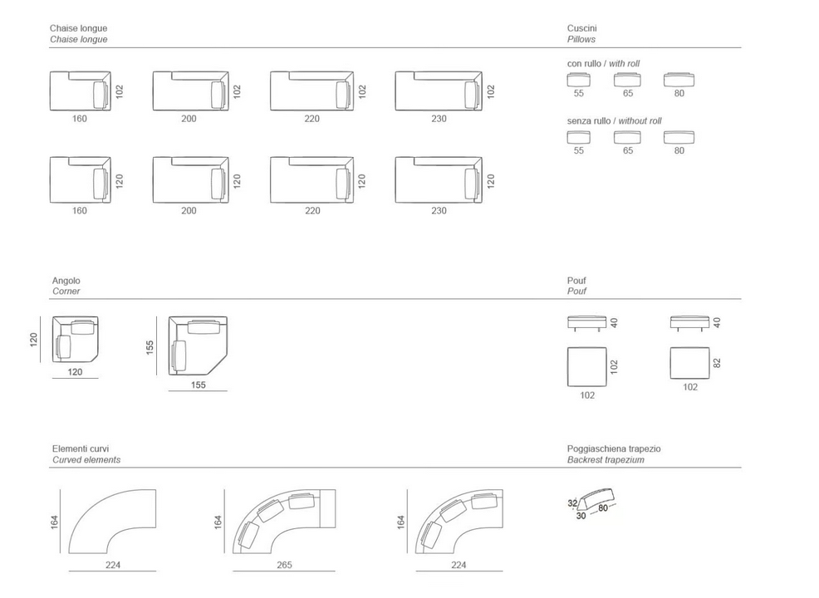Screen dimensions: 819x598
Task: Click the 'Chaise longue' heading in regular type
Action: point(78,28)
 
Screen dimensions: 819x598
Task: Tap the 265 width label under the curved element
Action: point(284,565)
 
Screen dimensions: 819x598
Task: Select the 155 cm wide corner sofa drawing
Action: point(198,346)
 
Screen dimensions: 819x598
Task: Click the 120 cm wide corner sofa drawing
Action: point(76,339)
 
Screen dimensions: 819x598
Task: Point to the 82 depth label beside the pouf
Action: point(717,363)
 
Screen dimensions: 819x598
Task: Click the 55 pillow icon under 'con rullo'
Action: point(579,80)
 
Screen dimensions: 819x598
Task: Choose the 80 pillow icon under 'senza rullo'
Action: point(679,137)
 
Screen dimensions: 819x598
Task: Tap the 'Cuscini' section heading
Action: point(582,28)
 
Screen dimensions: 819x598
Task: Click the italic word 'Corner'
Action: point(66,292)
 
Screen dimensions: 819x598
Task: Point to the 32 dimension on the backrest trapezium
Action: point(572,503)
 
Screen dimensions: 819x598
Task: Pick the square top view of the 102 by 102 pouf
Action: point(587,367)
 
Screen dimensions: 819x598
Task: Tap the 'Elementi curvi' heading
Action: point(81,448)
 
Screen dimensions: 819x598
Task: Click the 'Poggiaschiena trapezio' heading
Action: point(614,448)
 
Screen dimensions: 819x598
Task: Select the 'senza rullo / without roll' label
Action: point(615,120)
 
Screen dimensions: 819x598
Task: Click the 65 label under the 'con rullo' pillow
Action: point(628,93)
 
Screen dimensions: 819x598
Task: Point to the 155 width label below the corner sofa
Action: point(198,385)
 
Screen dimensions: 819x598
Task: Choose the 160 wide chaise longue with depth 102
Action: point(81,91)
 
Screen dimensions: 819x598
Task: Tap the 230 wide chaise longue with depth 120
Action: point(439,179)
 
